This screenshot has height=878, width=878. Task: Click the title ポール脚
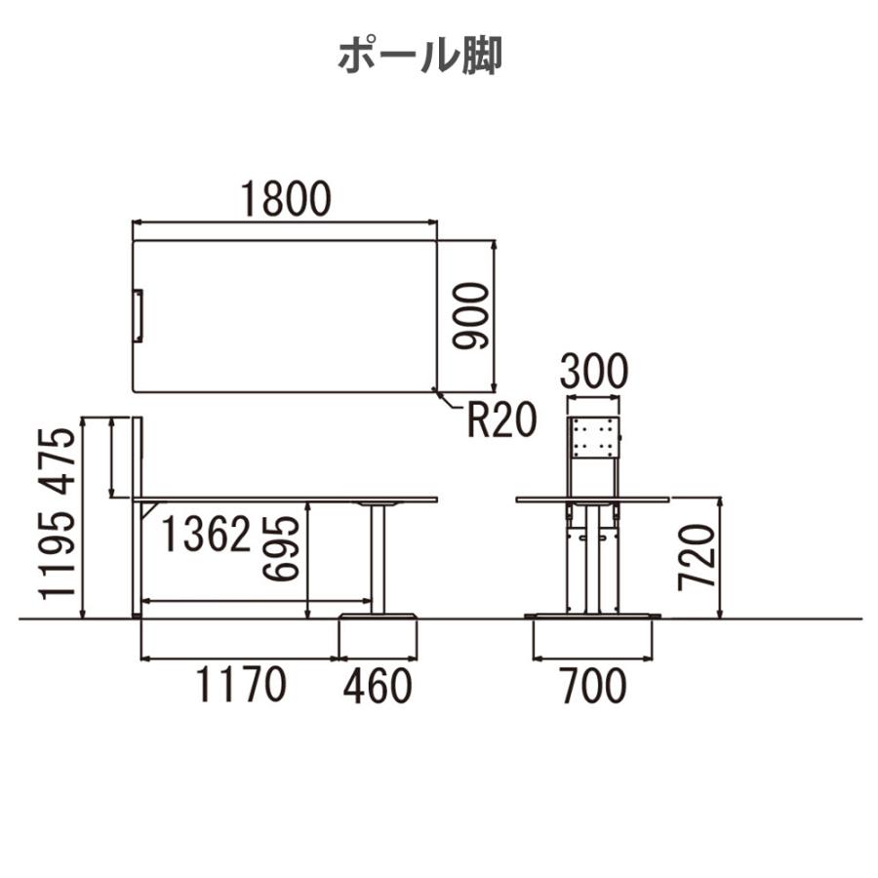(419, 56)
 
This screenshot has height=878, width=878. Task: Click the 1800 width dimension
(286, 199)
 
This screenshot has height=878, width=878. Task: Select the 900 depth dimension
(471, 316)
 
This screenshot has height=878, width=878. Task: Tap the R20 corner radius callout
(502, 420)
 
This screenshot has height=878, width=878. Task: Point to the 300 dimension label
(594, 372)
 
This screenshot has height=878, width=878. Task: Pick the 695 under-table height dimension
(281, 548)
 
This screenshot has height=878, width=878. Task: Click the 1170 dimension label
(241, 685)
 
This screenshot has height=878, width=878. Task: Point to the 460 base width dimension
(378, 686)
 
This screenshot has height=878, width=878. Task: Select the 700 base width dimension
(594, 686)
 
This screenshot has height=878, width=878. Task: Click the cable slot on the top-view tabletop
(139, 315)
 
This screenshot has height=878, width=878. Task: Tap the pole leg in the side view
(378, 560)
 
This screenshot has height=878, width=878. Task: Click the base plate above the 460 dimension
(378, 616)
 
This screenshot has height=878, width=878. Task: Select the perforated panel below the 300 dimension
(593, 437)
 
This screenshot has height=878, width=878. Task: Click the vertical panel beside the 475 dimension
(138, 457)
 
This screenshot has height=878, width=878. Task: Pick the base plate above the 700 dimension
(593, 616)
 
